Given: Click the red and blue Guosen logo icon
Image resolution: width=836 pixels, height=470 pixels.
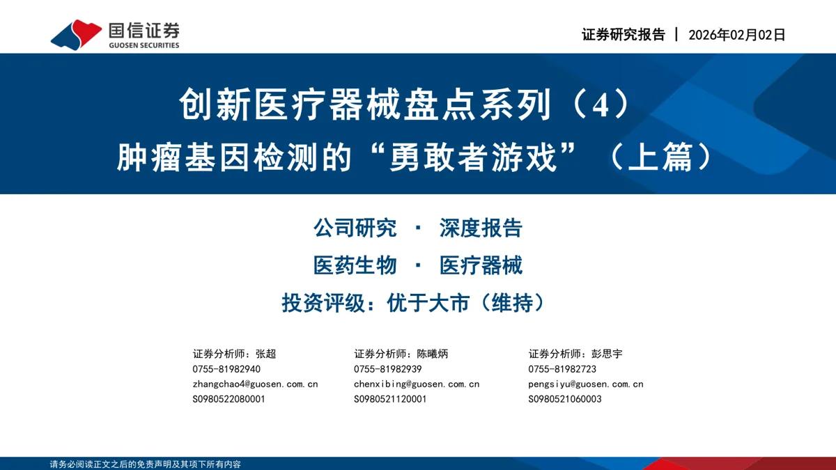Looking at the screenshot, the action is (76, 35).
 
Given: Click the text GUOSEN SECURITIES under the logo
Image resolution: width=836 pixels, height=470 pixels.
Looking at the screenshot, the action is (144, 45).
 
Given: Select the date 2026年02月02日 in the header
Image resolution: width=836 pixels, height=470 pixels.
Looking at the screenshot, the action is (737, 35).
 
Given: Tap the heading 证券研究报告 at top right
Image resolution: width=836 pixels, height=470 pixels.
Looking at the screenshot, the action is (624, 35).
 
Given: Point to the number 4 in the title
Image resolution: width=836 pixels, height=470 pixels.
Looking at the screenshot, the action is (601, 105).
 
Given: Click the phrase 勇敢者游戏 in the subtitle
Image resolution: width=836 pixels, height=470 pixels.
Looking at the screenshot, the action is (473, 157).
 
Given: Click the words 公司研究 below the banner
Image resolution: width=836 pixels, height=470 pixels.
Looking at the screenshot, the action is (355, 228).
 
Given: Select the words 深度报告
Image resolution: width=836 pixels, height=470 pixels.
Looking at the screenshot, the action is (481, 228).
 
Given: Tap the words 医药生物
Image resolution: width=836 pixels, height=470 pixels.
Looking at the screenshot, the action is (355, 265).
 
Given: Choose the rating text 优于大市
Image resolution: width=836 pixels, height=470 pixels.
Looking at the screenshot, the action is (428, 302).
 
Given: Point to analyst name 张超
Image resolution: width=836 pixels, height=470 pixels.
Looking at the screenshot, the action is (265, 354).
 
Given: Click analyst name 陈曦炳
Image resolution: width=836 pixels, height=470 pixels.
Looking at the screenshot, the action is (432, 354).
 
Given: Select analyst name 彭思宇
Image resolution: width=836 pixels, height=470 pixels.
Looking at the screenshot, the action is (607, 354).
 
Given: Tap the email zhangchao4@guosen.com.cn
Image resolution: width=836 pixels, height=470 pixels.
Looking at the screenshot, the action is (255, 384).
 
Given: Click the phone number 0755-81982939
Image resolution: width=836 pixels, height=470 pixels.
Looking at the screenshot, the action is (388, 369).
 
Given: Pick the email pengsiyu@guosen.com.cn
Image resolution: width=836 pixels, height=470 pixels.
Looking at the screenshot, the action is (586, 384).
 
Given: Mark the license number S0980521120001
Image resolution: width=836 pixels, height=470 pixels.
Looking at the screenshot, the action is (390, 399).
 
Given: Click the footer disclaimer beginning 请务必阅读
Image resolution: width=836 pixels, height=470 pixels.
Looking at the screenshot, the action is (145, 464).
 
